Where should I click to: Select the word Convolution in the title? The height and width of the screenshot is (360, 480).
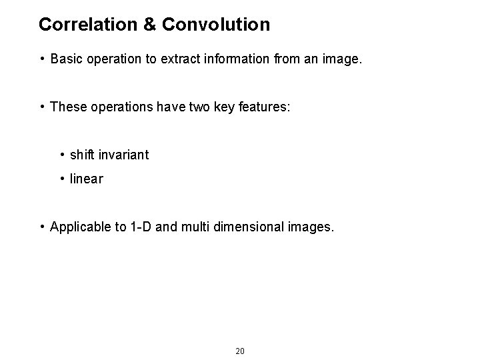(x=215, y=25)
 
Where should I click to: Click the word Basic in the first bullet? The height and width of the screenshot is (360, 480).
(x=65, y=59)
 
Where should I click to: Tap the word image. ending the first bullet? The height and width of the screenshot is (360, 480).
(x=342, y=59)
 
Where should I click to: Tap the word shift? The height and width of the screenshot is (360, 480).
(x=82, y=155)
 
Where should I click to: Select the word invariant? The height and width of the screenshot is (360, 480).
(x=124, y=155)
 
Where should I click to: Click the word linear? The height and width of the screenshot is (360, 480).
(x=86, y=179)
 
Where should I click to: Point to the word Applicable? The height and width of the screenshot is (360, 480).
(x=81, y=227)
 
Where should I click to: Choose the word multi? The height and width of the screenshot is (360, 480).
(x=193, y=227)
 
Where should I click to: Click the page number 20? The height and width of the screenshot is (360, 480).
(x=240, y=351)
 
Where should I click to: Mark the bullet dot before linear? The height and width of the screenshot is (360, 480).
(x=61, y=179)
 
